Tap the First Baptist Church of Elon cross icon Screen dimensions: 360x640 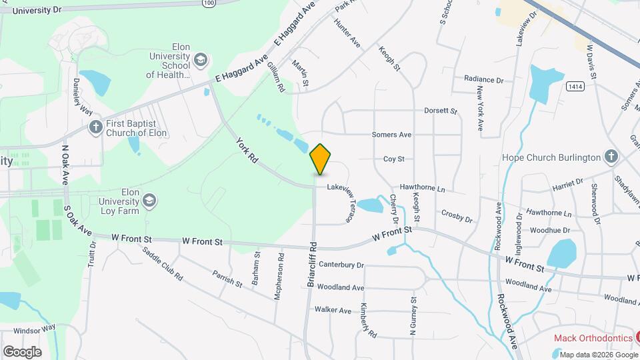[96, 125]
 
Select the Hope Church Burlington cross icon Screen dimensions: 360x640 [611, 157]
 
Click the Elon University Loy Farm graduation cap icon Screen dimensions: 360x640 [150, 200]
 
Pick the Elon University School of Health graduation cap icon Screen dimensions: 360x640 [200, 61]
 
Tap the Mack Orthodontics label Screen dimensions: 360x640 [593, 338]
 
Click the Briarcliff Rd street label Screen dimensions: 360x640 [311, 264]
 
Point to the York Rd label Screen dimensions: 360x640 [247, 150]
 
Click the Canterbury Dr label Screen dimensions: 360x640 [341, 265]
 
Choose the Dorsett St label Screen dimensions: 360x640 [441, 111]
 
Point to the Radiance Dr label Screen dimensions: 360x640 [483, 79]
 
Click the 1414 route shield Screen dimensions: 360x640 [575, 87]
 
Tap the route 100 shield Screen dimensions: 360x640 [209, 3]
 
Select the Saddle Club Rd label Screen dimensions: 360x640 [163, 263]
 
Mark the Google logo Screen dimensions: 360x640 [22, 351]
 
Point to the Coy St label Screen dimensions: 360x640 [393, 159]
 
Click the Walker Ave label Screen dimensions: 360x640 [333, 310]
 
